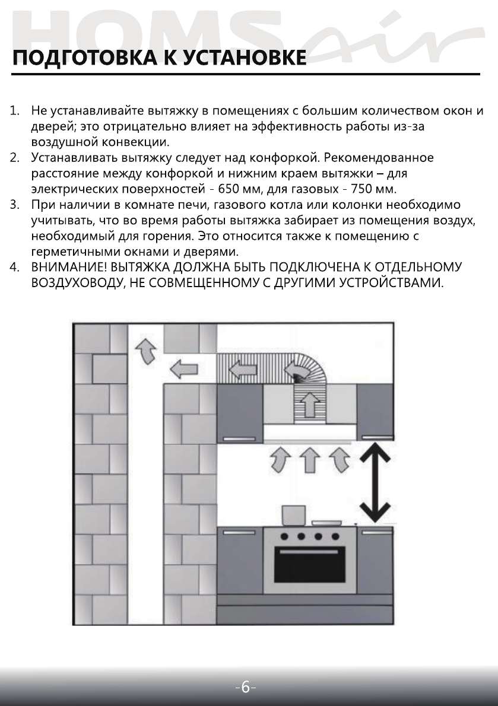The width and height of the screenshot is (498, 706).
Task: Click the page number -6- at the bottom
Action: click(x=246, y=688)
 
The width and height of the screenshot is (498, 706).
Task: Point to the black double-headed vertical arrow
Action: click(x=373, y=482)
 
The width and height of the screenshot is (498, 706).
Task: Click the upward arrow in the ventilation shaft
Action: click(x=144, y=351)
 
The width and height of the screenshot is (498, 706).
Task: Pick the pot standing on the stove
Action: click(x=293, y=516)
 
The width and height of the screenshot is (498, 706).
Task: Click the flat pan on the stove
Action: click(x=326, y=523)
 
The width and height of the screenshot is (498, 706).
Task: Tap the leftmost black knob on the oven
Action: click(x=284, y=536)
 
